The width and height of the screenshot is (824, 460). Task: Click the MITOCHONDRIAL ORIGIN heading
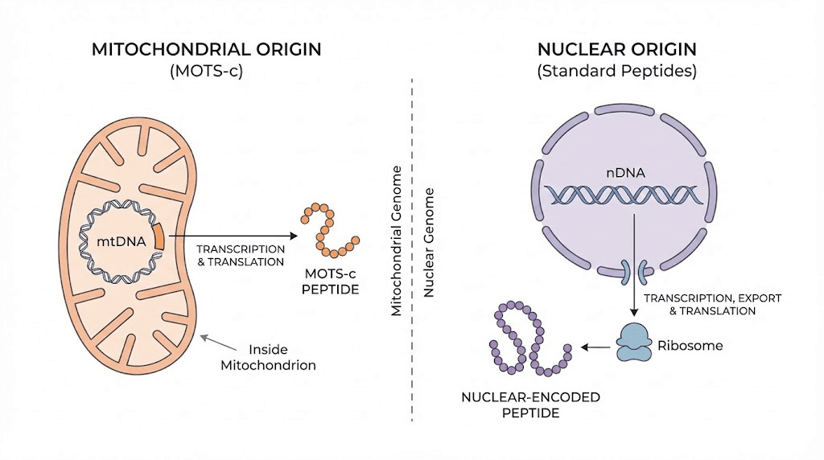(207, 49)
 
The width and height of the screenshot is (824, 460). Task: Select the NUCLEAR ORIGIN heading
(616, 49)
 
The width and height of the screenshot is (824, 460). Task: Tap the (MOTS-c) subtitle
(207, 71)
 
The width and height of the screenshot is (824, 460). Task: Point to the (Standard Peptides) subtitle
(616, 71)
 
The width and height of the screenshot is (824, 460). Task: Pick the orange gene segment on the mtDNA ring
(159, 236)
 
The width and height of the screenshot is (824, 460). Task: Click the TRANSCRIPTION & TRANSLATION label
(241, 255)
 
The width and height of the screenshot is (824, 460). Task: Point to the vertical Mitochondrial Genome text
(396, 241)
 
